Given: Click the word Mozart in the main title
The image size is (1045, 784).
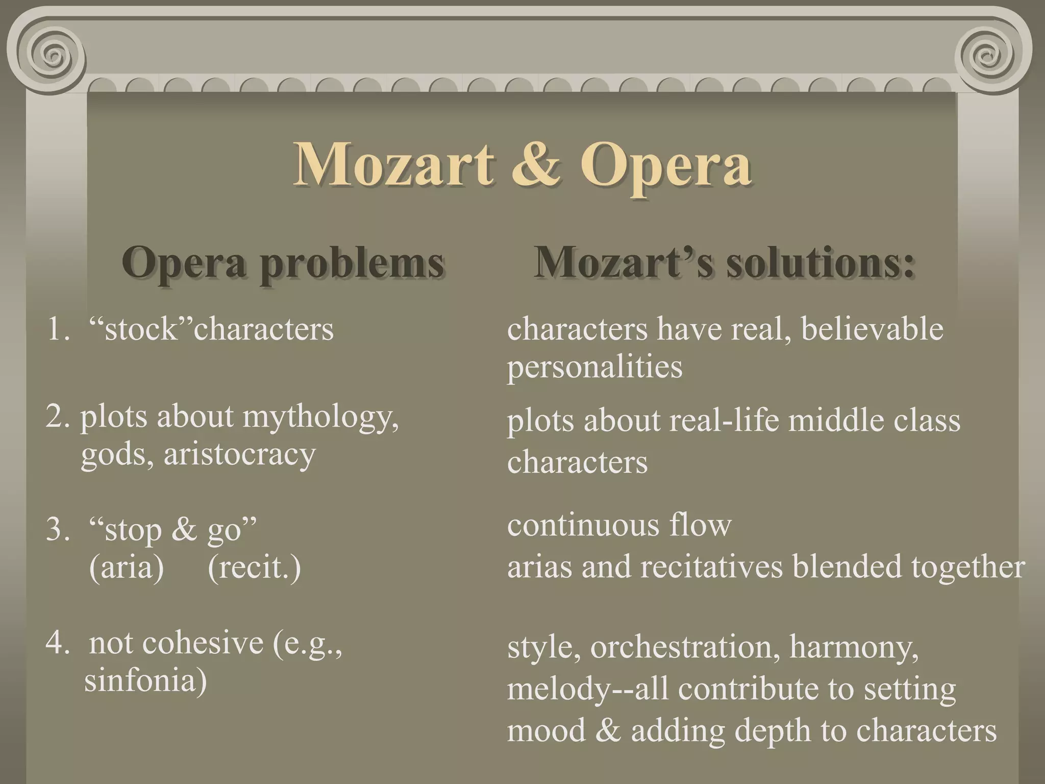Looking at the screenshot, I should click(393, 164).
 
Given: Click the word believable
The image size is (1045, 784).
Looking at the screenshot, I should click(872, 329).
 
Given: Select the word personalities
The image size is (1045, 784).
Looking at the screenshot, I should click(594, 367).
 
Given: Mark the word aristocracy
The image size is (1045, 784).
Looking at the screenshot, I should click(239, 454).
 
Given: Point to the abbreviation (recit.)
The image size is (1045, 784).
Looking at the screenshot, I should click(254, 567).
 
